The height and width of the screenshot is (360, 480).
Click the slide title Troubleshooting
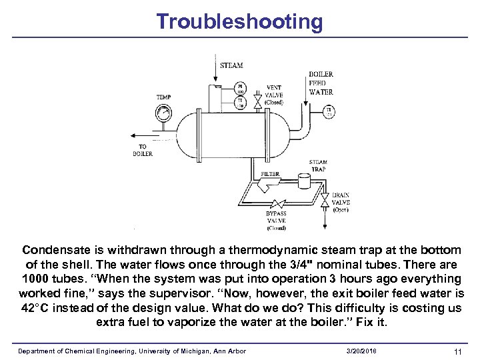point(239,21)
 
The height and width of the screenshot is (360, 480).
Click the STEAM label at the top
point(231,65)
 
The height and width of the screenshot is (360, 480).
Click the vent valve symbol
point(257,102)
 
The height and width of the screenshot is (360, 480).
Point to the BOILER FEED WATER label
point(321,83)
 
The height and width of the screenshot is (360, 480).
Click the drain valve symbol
point(325,200)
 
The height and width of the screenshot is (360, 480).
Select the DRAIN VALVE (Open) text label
point(341,203)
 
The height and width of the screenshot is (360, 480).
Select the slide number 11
point(457,351)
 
